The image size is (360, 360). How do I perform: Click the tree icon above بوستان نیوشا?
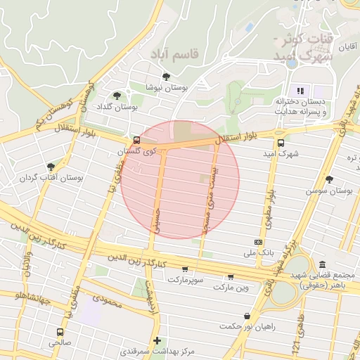coord(166,77)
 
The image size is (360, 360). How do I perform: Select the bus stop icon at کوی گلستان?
coord(136,140)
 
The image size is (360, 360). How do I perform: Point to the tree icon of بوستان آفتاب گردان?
coord(51,167)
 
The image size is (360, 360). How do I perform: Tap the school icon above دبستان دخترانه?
coord(301,91)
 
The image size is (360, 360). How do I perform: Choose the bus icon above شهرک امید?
coord(281,142)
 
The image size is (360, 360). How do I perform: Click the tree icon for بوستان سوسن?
coord(329,179)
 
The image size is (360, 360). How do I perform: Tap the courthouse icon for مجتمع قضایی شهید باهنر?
coord(322,264)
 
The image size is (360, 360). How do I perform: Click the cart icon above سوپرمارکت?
coord(185,269)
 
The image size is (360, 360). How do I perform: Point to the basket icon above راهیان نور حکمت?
coord(247,316)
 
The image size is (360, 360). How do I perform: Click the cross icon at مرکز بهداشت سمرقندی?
coord(157,340)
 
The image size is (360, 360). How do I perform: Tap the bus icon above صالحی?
coord(60,332)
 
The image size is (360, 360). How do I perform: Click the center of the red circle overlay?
coord(180,180)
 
